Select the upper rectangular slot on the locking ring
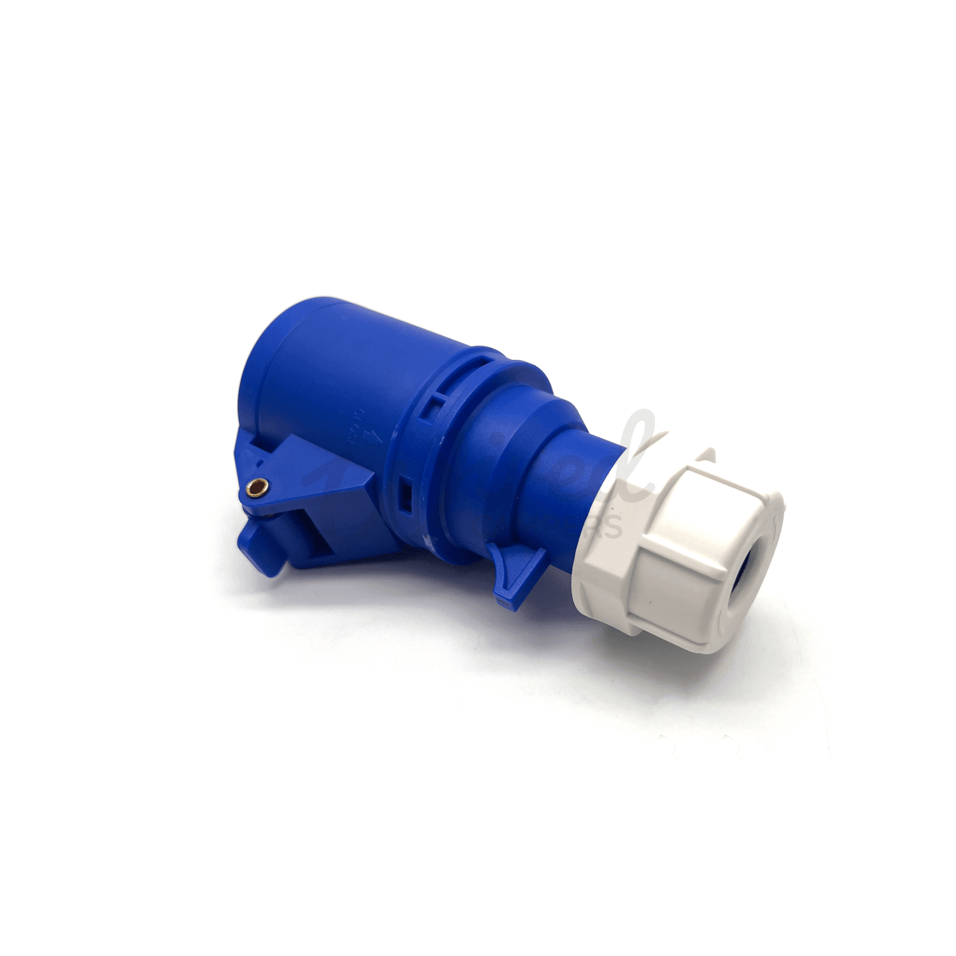435,403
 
